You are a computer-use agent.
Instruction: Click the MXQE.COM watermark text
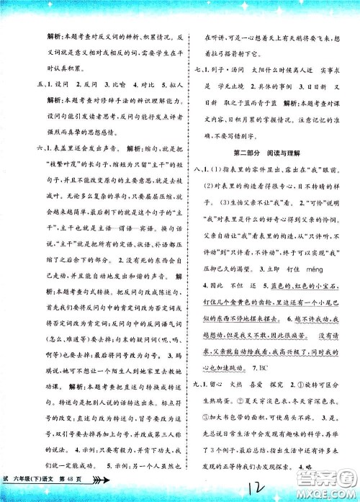point(330,489)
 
